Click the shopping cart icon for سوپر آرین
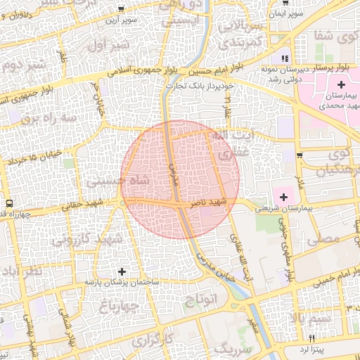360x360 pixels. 122,9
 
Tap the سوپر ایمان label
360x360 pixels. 288,13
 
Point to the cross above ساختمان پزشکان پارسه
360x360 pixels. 122,271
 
